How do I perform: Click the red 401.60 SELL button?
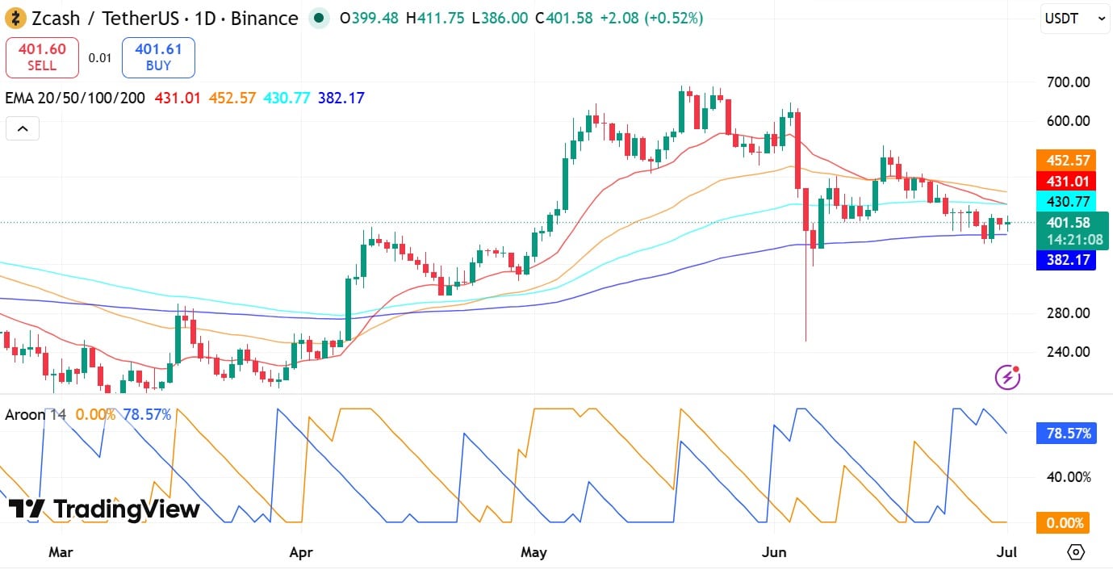(x=42, y=57)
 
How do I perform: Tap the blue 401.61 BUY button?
(x=158, y=57)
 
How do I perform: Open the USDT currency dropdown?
(x=1075, y=19)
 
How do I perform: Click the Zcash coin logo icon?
(x=15, y=19)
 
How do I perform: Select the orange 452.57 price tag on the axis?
(x=1066, y=161)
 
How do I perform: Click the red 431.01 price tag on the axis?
(x=1066, y=181)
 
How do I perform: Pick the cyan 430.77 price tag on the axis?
(x=1066, y=201)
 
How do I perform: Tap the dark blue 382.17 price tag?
(x=1066, y=260)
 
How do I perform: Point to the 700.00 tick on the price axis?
(x=1069, y=82)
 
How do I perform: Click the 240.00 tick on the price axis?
(x=1069, y=352)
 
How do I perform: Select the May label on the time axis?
(x=533, y=552)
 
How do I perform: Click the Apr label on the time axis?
(x=301, y=552)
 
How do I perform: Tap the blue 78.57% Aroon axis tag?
(x=1066, y=434)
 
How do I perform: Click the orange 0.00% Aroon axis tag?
(x=1063, y=523)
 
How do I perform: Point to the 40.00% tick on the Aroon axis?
(x=1069, y=477)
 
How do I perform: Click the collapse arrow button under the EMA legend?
(x=23, y=128)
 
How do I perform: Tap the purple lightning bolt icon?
(x=1007, y=377)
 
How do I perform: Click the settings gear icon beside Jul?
(x=1076, y=552)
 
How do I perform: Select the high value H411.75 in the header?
(x=435, y=19)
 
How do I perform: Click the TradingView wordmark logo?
(x=104, y=509)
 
